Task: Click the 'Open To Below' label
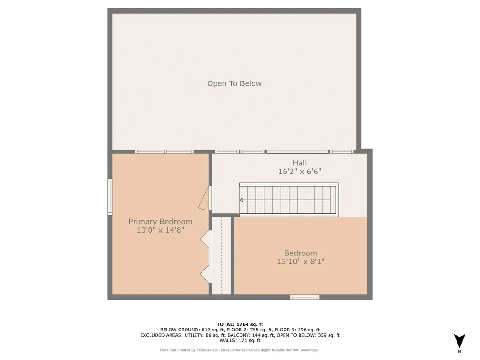click(x=234, y=83)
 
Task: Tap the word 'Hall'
click(x=300, y=163)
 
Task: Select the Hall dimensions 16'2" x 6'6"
click(x=300, y=172)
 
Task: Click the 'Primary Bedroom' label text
click(x=160, y=222)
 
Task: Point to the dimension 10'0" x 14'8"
click(x=160, y=230)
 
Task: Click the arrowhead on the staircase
click(x=242, y=200)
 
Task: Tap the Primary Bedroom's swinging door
click(x=204, y=199)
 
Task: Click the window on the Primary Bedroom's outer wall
click(x=110, y=197)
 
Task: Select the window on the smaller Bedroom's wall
click(x=305, y=297)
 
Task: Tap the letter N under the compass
click(x=459, y=352)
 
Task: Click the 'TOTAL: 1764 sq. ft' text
click(x=240, y=324)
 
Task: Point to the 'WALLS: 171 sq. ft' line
click(x=240, y=341)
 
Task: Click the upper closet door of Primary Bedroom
click(x=205, y=239)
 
